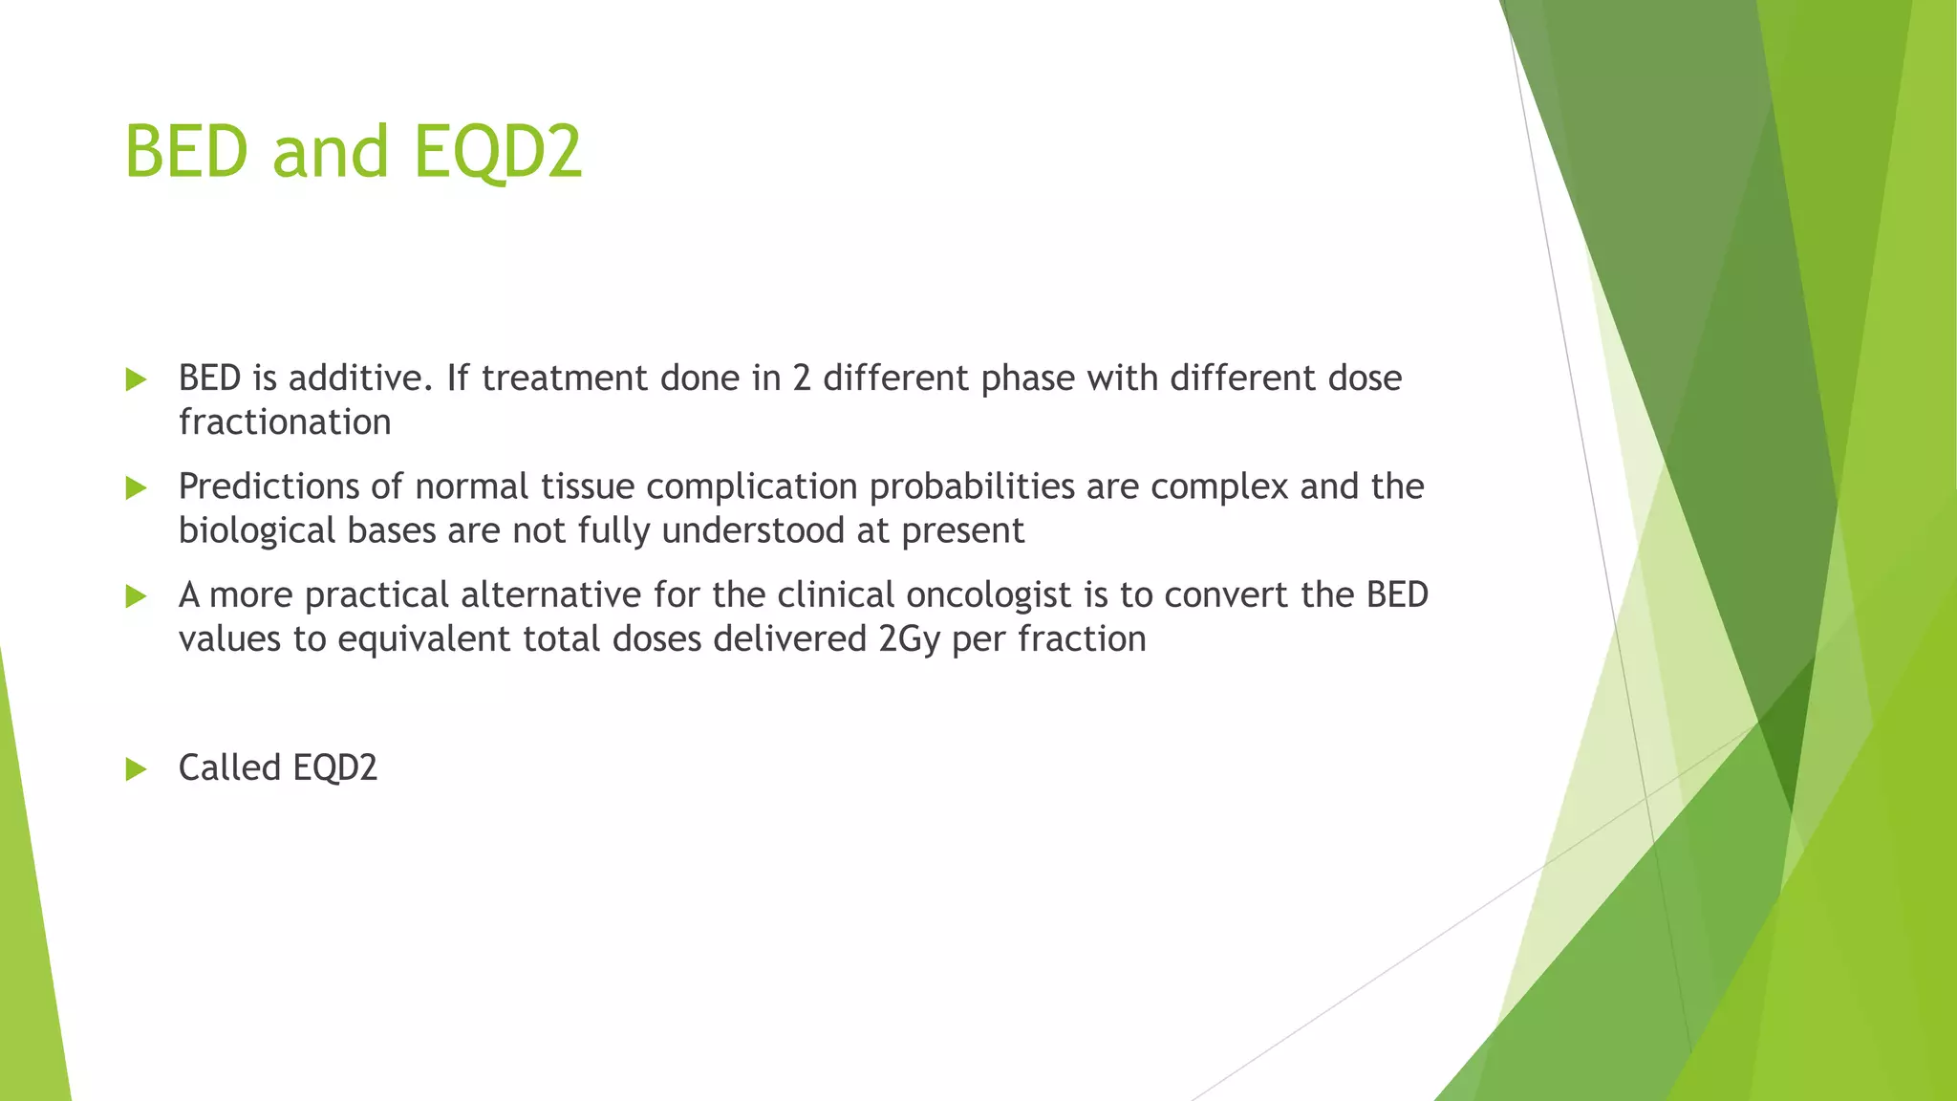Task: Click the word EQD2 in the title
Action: (x=498, y=153)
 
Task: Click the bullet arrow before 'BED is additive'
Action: (x=136, y=380)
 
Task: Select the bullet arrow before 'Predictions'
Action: (x=136, y=488)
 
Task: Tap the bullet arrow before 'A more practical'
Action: (x=136, y=597)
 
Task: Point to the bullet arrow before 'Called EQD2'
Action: (x=136, y=769)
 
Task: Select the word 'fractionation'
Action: (x=285, y=422)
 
